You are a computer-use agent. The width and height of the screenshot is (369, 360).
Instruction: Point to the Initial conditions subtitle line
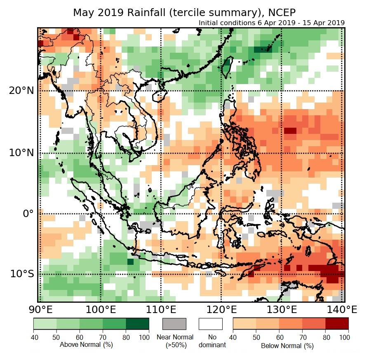[271, 23]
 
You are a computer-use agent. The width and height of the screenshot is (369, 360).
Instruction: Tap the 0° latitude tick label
[27, 214]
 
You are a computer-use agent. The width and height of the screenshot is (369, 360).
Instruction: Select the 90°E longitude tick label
[40, 309]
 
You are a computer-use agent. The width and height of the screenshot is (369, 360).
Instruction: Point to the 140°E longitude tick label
[341, 309]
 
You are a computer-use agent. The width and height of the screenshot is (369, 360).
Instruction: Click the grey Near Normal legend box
[174, 324]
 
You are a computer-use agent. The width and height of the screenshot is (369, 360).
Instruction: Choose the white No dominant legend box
[210, 324]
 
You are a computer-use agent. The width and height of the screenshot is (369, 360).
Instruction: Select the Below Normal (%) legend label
[287, 346]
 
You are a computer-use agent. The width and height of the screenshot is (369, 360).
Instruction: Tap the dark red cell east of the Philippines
[290, 131]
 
